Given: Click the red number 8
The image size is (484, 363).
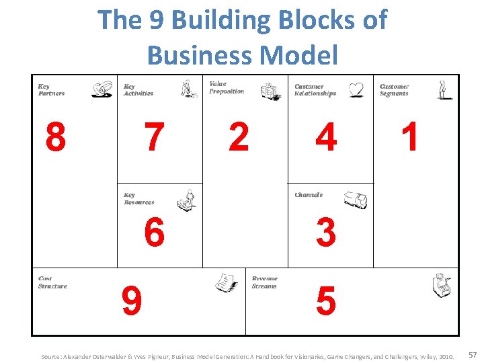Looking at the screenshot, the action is click(x=56, y=138).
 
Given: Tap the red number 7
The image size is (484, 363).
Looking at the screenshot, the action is click(x=155, y=138).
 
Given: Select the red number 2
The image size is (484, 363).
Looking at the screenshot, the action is click(x=239, y=138).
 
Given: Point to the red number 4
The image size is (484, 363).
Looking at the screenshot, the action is click(x=326, y=138).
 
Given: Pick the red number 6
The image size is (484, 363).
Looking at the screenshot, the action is click(x=155, y=233).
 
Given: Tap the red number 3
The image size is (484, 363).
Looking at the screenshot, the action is click(x=326, y=233).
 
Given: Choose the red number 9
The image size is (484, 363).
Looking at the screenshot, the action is click(x=132, y=300).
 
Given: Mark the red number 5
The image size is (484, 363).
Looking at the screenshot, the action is click(x=326, y=300).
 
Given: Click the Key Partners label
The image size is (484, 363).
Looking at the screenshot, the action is click(x=51, y=90).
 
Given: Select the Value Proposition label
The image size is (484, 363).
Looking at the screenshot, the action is click(x=227, y=88).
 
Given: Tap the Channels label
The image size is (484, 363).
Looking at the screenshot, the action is click(x=309, y=195).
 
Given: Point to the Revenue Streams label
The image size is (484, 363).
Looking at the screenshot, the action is click(x=264, y=282).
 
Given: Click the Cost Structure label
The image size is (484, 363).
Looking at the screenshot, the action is click(x=52, y=282).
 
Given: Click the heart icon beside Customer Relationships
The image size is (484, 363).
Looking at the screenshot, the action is click(x=356, y=89).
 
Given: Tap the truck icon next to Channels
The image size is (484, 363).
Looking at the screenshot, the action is click(x=356, y=200).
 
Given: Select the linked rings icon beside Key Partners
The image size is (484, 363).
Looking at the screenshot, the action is click(x=102, y=89).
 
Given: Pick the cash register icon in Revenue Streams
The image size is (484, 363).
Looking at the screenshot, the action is click(x=442, y=285).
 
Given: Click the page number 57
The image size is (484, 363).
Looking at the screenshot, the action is click(x=472, y=354).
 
